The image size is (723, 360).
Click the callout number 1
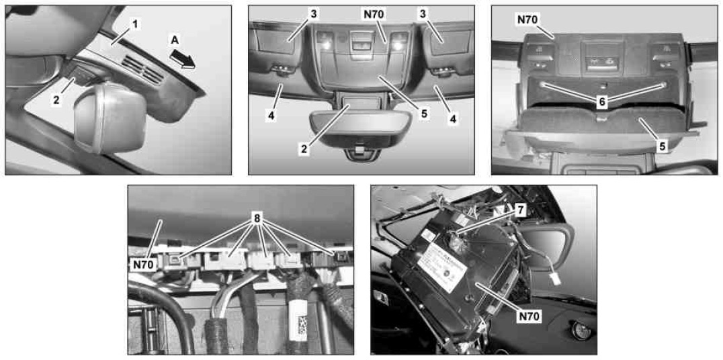click(134, 25)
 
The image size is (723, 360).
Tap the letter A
click(174, 41)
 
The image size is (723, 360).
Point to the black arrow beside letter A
click(182, 60)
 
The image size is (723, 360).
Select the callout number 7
click(519, 210)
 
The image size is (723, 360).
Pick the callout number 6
click(601, 103)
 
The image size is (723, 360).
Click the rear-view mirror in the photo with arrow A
click(110, 118)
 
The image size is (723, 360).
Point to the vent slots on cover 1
click(144, 69)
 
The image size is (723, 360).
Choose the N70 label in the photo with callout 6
click(527, 19)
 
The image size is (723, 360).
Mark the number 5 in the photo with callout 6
click(662, 147)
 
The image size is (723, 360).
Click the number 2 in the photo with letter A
click(56, 100)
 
